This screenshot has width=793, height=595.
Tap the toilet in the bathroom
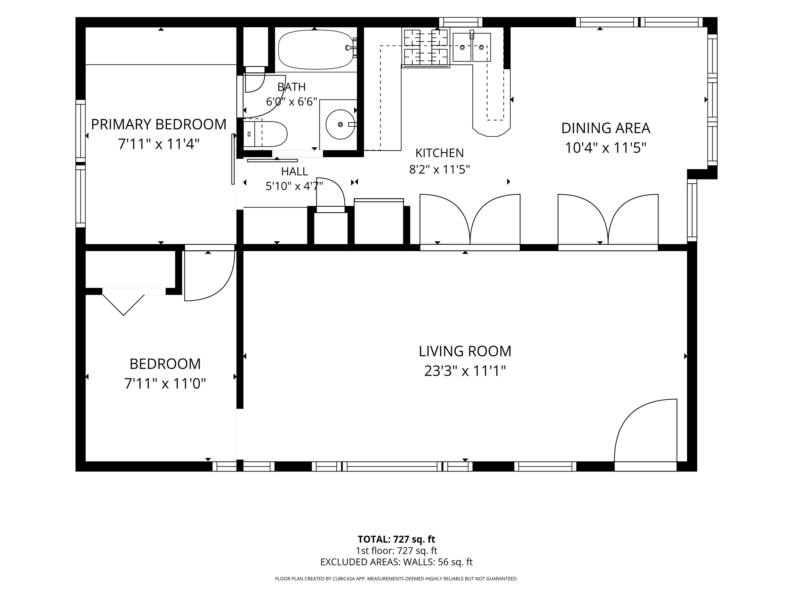[x=265, y=134]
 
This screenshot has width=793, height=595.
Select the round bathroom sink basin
[x=340, y=124]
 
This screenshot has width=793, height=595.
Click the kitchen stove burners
[x=426, y=48]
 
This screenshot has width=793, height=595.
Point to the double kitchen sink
[x=471, y=47]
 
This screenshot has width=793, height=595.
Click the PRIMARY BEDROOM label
[x=159, y=124]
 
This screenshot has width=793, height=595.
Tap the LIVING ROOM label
[x=465, y=351]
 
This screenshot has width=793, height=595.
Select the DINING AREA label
[x=606, y=128]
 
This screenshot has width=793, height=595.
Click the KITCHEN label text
[x=440, y=153]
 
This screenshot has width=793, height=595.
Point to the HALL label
[x=294, y=171]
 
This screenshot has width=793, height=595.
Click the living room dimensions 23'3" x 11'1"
[x=465, y=371]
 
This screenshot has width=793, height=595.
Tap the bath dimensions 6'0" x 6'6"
[x=291, y=102]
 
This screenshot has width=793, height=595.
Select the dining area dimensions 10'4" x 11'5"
[x=606, y=148]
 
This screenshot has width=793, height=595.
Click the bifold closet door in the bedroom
[x=124, y=301]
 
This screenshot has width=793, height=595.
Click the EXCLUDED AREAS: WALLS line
[x=396, y=562]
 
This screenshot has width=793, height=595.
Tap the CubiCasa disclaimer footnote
[x=396, y=578]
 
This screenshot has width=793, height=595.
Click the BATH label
[x=291, y=87]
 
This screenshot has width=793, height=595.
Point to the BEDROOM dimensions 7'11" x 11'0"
[x=165, y=384]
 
